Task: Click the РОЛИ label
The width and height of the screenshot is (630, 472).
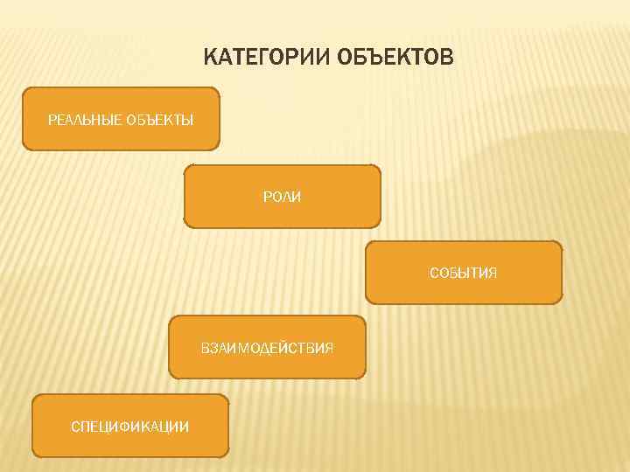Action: (282, 198)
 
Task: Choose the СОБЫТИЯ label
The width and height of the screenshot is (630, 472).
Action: (463, 273)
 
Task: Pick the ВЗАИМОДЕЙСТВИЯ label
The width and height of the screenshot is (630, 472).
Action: (267, 348)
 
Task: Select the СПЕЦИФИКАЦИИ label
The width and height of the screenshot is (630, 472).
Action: (129, 426)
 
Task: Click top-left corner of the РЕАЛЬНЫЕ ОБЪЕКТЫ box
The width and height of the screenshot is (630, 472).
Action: (24, 89)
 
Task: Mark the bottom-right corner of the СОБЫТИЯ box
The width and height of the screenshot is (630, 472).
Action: (561, 302)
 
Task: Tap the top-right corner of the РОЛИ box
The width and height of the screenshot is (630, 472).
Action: (380, 167)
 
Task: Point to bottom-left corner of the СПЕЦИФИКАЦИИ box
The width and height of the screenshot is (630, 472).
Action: (33, 456)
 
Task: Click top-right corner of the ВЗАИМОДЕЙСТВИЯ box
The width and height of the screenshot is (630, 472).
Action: (364, 317)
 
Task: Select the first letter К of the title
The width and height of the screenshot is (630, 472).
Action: (210, 59)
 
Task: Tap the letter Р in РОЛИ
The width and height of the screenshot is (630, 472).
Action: (267, 198)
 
